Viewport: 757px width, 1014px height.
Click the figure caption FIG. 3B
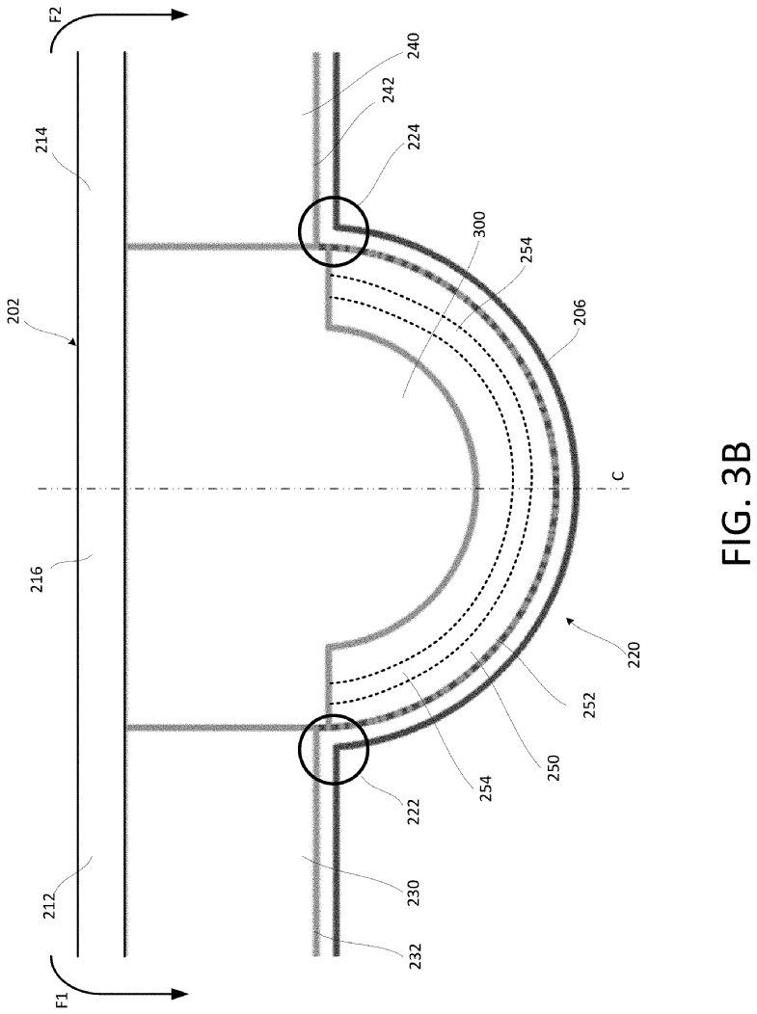(735, 502)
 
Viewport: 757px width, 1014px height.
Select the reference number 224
(414, 137)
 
